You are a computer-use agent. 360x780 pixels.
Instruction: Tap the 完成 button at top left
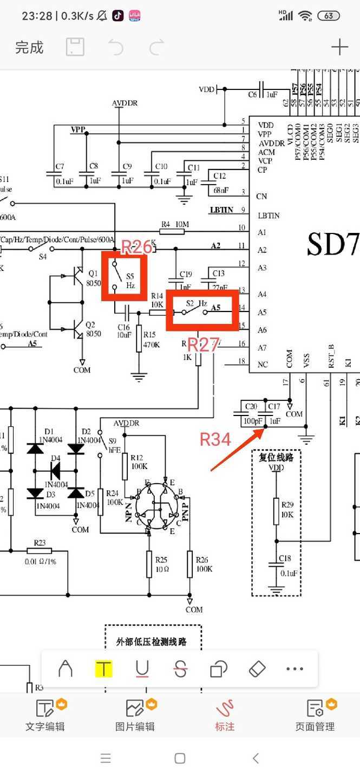coord(29,48)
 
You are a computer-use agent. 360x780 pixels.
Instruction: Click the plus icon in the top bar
coord(339,48)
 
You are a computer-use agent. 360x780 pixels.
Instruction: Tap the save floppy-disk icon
coord(75,48)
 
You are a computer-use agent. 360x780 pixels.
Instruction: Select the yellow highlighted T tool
coord(103,669)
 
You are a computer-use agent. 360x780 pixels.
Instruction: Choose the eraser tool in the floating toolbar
coord(257,669)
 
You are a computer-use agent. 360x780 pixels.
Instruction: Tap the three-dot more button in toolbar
coord(294,669)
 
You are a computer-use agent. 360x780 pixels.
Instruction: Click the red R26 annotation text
coord(136,248)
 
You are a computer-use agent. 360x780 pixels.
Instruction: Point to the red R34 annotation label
coord(215,439)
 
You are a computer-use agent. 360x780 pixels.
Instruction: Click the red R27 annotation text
coord(202,344)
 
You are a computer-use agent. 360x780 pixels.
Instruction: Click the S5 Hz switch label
coord(130,280)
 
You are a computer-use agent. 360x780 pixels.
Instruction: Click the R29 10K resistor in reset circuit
coord(276,511)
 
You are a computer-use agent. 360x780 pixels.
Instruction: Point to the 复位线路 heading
coord(276,457)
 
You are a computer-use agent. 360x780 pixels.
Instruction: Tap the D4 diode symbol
coord(55,471)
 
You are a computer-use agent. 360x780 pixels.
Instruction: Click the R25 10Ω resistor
coord(149,564)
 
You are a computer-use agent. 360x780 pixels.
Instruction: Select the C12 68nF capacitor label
coord(219,183)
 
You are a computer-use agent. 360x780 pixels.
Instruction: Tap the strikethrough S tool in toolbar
coord(180,669)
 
